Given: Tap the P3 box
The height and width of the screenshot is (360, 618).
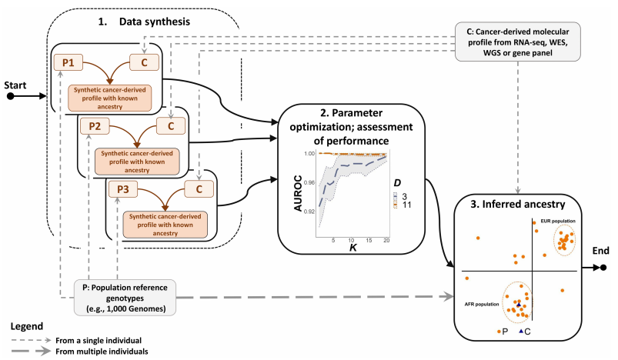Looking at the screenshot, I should (x=120, y=188).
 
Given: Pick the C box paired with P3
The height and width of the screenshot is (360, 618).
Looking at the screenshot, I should (x=199, y=188).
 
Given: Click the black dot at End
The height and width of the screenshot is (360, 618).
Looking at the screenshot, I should (x=605, y=268).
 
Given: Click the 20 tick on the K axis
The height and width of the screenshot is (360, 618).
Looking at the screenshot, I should (x=386, y=239).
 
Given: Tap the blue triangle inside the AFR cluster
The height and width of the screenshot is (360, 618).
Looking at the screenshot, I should (x=519, y=305).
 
